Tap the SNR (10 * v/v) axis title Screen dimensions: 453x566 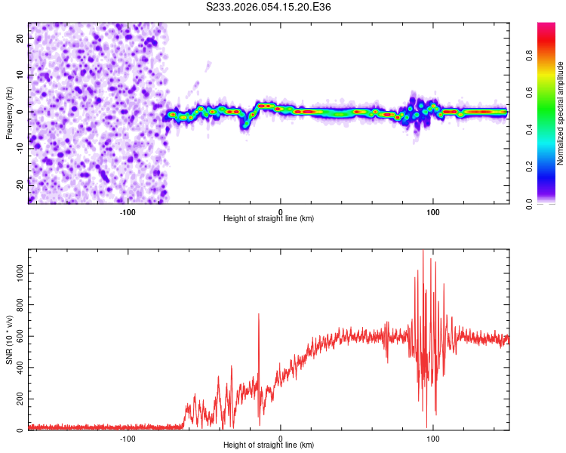(9, 341)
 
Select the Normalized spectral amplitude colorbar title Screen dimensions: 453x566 (561, 113)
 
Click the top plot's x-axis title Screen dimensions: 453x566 (269, 218)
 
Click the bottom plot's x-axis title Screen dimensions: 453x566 (269, 445)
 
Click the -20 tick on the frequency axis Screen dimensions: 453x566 (19, 183)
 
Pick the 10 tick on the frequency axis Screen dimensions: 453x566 (20, 75)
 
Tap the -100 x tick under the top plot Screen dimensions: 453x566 (127, 211)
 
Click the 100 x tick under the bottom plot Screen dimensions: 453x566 (433, 438)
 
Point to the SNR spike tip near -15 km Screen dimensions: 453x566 (259, 314)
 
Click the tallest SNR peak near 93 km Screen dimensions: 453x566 (423, 250)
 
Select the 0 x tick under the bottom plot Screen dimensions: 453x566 (280, 438)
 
